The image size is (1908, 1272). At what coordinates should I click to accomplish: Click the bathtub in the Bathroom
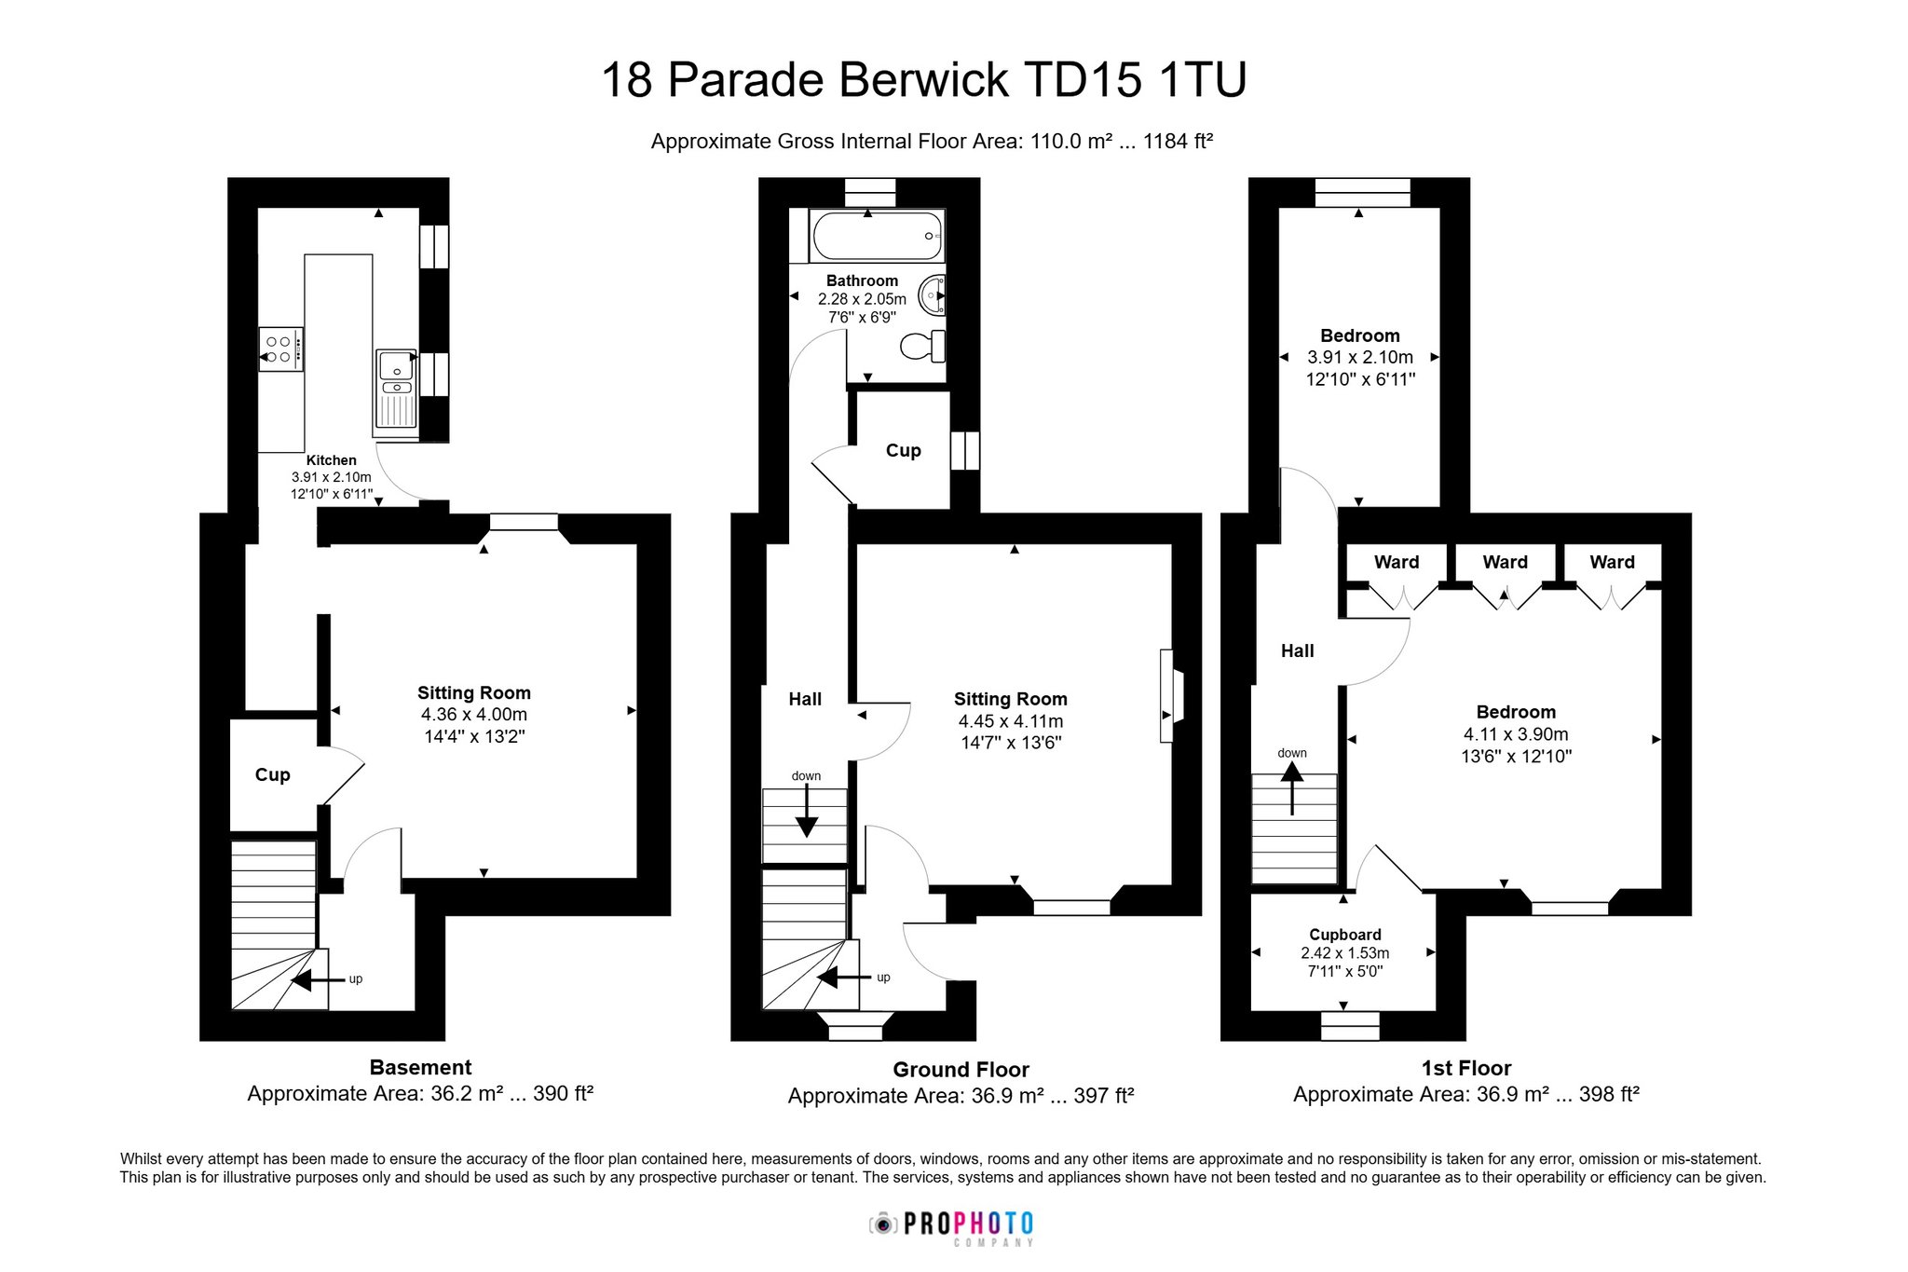click(878, 235)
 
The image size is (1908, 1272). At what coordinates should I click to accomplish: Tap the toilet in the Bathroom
click(923, 347)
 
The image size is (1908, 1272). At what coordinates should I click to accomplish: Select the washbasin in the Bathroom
click(932, 296)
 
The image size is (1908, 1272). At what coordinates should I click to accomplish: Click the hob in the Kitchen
click(280, 349)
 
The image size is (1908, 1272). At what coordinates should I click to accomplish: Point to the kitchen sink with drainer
click(397, 392)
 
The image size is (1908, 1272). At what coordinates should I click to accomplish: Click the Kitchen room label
click(332, 460)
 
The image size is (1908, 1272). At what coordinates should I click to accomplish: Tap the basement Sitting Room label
click(474, 692)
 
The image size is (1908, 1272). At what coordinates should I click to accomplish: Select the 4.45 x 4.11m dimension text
click(1011, 721)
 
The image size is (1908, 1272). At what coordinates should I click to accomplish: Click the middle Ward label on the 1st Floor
click(1506, 562)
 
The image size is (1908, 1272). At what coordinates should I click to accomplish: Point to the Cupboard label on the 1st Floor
click(1345, 935)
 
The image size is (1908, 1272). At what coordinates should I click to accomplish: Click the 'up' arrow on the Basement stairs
click(314, 979)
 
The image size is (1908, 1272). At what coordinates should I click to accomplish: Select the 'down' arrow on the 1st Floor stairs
click(1292, 788)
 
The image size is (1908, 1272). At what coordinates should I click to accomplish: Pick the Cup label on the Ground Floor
click(903, 451)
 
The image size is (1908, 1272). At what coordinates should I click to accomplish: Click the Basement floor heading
click(420, 1068)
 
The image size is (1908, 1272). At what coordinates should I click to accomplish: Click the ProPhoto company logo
click(951, 1227)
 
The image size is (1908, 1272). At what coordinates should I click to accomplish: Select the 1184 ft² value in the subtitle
click(1178, 142)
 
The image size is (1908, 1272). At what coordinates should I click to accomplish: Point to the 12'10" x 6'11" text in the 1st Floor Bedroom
click(1360, 379)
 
